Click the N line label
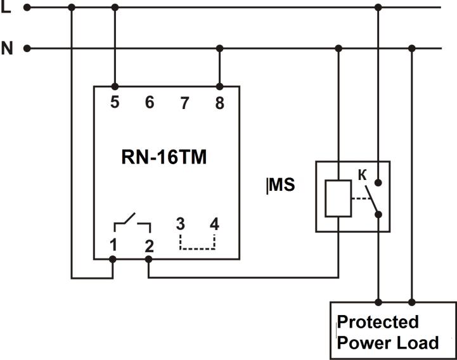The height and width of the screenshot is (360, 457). click(x=7, y=48)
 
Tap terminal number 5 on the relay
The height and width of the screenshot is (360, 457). click(x=115, y=101)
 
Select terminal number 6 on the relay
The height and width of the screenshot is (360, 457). click(x=150, y=102)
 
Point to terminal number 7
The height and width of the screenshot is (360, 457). click(x=184, y=103)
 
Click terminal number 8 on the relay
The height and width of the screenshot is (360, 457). click(x=219, y=103)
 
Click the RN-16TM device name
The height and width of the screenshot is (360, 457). click(x=164, y=158)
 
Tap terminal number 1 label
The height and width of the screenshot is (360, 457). click(x=112, y=245)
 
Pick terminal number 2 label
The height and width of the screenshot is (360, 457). click(x=149, y=245)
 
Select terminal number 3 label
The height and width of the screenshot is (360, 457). click(x=181, y=224)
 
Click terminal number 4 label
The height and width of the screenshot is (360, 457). click(x=215, y=224)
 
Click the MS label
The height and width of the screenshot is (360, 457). click(x=282, y=186)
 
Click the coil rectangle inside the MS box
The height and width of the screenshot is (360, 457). click(x=337, y=199)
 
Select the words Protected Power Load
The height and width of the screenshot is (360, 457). click(x=387, y=332)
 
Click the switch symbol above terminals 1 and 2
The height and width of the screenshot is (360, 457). click(x=132, y=223)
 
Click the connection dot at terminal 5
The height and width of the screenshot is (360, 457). click(x=115, y=87)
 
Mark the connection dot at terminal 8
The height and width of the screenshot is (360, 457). click(x=219, y=87)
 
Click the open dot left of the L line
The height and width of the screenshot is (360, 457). click(x=27, y=8)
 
